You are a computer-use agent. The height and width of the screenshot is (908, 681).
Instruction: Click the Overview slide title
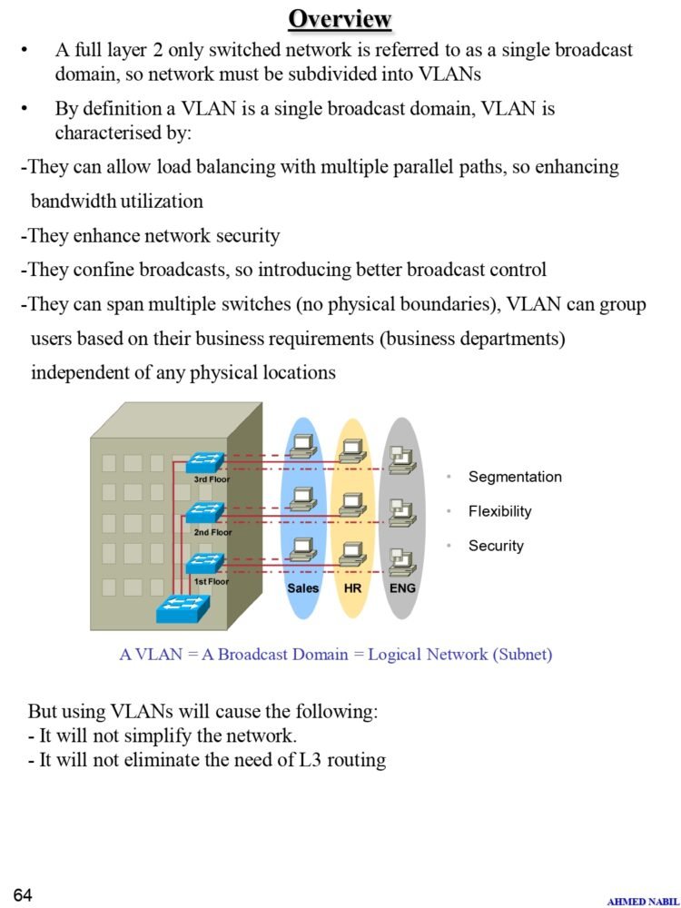pyautogui.click(x=340, y=18)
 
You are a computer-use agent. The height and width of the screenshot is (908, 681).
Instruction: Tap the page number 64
pyautogui.click(x=23, y=895)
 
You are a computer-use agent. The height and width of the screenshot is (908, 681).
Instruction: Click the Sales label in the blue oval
pyautogui.click(x=303, y=588)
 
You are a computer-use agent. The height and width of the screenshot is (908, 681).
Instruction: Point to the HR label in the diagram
pyautogui.click(x=353, y=588)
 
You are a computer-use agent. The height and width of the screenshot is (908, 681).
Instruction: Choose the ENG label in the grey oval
pyautogui.click(x=402, y=588)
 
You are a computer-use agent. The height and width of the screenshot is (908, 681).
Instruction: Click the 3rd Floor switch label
pyautogui.click(x=212, y=479)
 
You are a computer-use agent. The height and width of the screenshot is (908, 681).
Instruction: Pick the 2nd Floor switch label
pyautogui.click(x=212, y=533)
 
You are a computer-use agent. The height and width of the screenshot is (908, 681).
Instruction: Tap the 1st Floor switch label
pyautogui.click(x=212, y=581)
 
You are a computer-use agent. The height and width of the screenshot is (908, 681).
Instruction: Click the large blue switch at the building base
pyautogui.click(x=183, y=607)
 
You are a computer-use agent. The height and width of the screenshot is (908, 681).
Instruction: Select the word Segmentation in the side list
pyautogui.click(x=515, y=477)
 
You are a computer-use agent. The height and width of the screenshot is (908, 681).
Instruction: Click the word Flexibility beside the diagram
pyautogui.click(x=499, y=511)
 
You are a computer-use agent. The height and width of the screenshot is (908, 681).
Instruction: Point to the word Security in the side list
pyautogui.click(x=496, y=546)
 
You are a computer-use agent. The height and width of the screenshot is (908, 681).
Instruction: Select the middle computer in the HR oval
pyautogui.click(x=352, y=504)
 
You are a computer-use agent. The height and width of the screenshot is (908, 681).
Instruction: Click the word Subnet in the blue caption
pyautogui.click(x=520, y=654)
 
